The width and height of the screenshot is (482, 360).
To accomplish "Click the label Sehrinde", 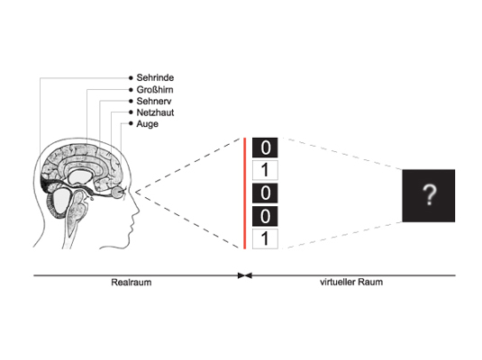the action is click(155, 77).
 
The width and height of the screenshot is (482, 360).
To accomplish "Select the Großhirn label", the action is click(155, 90).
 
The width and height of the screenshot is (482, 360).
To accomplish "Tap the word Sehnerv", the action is click(154, 101).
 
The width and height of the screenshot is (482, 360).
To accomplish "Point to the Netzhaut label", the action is click(155, 112).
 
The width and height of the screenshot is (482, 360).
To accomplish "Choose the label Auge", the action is click(147, 124).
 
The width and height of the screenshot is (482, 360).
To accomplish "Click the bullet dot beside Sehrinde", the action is click(131, 78).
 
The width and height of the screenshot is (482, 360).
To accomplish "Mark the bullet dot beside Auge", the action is click(131, 123).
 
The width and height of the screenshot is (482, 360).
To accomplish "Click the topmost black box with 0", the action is click(265, 148).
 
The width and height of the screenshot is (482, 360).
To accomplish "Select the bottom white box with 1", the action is click(265, 238).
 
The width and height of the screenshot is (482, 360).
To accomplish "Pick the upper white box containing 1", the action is click(265, 170).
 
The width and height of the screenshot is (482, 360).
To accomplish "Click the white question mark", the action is click(430, 195).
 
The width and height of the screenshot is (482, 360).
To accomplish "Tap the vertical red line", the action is click(245, 193).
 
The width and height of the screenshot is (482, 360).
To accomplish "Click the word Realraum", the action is click(132, 283).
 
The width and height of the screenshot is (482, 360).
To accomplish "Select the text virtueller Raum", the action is click(351, 282).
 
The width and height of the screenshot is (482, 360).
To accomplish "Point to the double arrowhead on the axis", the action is click(245, 275).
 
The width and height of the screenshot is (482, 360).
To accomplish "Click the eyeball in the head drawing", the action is click(117, 193).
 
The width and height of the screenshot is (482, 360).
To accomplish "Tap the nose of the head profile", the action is click(136, 209).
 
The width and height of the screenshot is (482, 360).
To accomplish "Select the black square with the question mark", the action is click(429, 195).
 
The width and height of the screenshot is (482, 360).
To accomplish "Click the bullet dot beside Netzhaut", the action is click(131, 112).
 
